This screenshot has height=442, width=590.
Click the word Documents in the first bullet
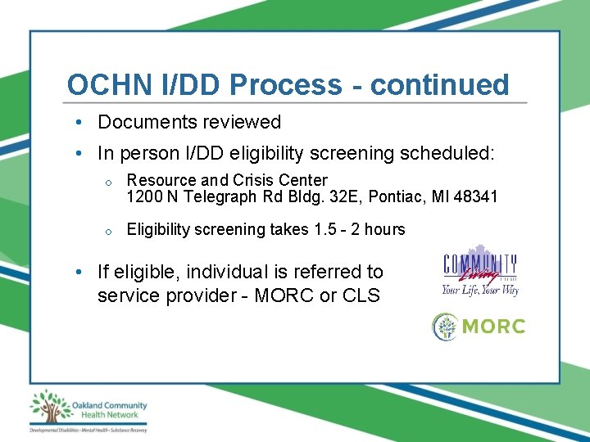click(143, 122)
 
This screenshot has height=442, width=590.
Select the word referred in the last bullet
click(318, 272)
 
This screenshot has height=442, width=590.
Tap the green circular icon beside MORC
click(446, 326)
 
